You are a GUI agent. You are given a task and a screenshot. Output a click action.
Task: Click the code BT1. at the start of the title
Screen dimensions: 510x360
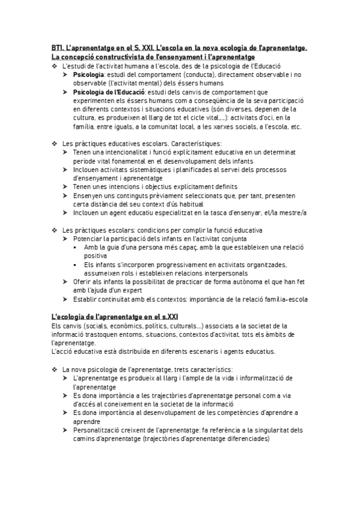[x=58, y=48]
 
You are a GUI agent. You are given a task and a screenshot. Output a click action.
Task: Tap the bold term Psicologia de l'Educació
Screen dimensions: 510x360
[x=109, y=91]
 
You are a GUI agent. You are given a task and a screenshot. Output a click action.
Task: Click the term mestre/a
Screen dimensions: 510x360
[x=291, y=212]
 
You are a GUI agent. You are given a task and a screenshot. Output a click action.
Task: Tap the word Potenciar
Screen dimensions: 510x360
[x=89, y=239]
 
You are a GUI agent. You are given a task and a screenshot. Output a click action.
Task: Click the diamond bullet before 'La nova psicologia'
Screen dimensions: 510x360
[x=55, y=368]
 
